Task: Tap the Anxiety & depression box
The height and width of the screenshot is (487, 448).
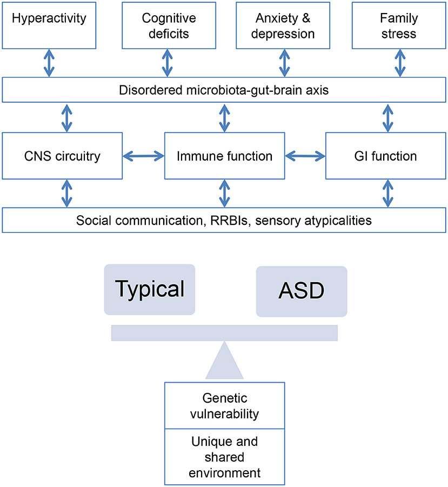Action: [x=284, y=25]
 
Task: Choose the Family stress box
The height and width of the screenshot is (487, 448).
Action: [x=399, y=25]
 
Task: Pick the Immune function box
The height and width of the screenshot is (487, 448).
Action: [x=224, y=157]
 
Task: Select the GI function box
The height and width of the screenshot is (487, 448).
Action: [x=386, y=157]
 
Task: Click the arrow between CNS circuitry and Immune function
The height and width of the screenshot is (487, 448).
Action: [x=143, y=157]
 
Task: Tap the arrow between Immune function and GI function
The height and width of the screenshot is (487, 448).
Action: [x=305, y=157]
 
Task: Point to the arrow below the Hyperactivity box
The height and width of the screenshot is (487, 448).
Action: [x=50, y=63]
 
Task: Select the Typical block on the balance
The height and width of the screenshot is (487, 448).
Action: [x=149, y=289]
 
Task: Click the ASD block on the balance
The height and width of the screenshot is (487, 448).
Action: [x=301, y=290]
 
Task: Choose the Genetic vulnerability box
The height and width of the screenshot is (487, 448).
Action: [x=224, y=406]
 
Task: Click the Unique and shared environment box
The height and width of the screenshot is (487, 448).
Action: [x=224, y=457]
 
